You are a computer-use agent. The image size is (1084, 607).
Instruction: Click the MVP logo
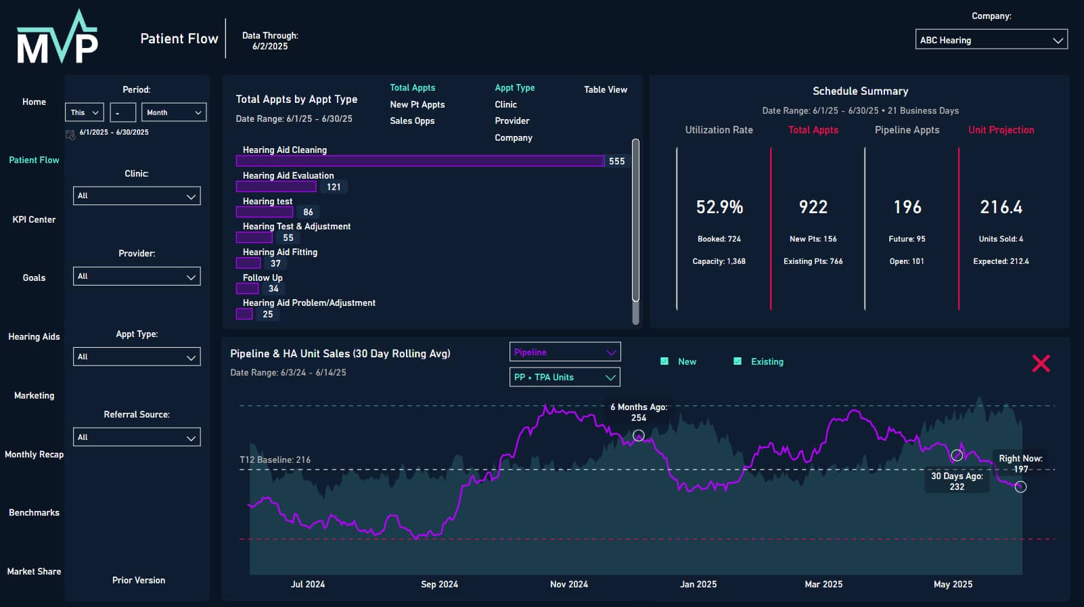pos(58,39)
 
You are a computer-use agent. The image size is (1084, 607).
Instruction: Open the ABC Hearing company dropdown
pos(991,40)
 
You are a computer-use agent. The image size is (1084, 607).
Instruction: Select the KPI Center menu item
pos(34,219)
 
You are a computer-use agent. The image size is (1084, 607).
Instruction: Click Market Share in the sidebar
pos(34,571)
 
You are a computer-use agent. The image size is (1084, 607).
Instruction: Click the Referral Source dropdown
pos(137,437)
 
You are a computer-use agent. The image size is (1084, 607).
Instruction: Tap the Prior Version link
pos(139,580)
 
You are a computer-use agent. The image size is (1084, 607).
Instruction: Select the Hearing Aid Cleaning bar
pos(420,161)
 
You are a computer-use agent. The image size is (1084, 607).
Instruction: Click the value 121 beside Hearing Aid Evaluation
pos(334,187)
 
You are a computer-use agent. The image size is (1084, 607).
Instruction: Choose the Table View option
pos(605,89)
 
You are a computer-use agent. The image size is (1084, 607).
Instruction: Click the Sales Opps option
pos(412,120)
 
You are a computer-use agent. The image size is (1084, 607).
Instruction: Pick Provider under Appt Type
pos(512,120)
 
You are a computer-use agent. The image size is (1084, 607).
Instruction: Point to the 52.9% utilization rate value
pos(719,207)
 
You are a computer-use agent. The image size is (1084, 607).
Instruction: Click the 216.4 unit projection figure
pos(1001,207)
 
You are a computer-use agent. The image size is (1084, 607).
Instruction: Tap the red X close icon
pos(1041,363)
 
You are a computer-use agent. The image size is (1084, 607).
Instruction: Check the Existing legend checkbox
pos(738,361)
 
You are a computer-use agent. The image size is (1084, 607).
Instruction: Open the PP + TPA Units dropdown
pos(564,377)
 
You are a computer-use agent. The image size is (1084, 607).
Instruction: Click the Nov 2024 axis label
pos(568,584)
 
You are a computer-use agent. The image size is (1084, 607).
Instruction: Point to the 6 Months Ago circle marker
pos(638,435)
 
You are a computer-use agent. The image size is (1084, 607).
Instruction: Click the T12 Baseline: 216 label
pos(275,459)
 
